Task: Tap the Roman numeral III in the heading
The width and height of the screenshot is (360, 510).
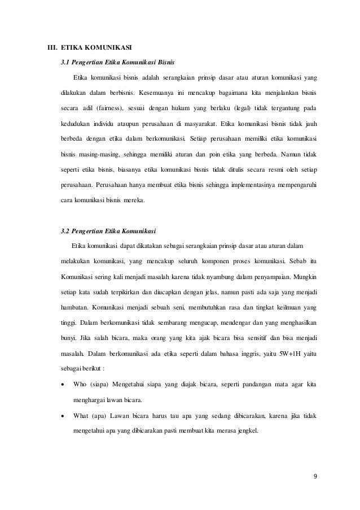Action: [50, 46]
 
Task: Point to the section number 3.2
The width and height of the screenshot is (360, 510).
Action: [64, 231]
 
